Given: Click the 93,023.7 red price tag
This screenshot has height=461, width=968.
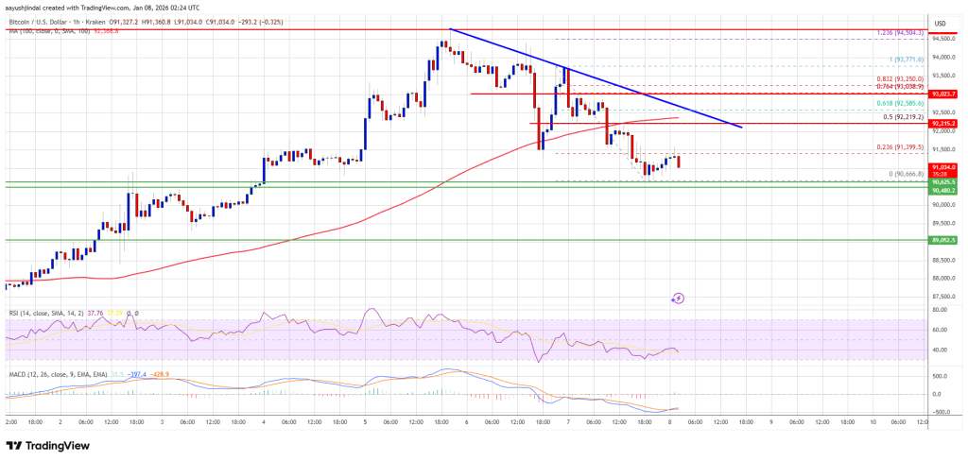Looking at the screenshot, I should click(x=945, y=94).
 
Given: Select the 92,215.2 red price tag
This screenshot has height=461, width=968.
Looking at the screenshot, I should click(x=945, y=124).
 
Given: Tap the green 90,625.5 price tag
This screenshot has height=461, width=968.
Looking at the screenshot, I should click(x=945, y=181).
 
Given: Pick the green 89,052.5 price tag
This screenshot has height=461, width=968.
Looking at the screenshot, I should click(x=945, y=240).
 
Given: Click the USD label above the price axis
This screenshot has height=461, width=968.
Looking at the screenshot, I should click(x=940, y=23).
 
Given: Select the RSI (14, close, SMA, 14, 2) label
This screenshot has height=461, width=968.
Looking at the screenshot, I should click(x=45, y=313).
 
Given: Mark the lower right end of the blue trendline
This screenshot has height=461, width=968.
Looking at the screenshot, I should click(x=742, y=127).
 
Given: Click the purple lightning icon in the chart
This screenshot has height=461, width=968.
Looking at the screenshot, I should click(x=679, y=299).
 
